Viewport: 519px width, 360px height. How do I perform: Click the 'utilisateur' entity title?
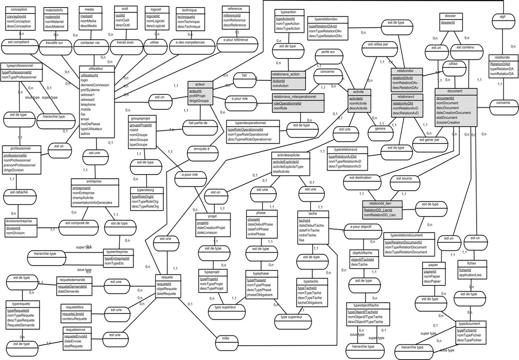(97, 68)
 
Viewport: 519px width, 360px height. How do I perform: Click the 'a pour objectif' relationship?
(358, 227)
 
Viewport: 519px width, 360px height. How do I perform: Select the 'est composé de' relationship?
(80, 222)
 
